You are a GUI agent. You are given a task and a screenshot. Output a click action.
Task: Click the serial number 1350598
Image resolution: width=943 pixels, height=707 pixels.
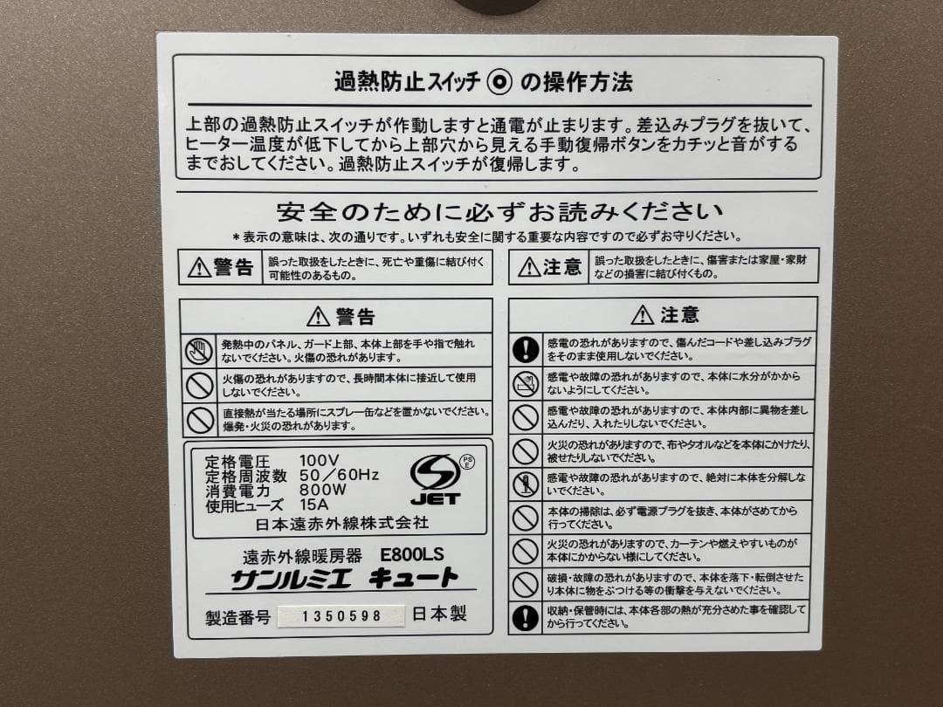tap(341, 616)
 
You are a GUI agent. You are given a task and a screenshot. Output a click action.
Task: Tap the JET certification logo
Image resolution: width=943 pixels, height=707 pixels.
tap(435, 479)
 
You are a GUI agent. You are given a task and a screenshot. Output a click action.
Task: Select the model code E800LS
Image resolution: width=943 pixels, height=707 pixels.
tap(412, 554)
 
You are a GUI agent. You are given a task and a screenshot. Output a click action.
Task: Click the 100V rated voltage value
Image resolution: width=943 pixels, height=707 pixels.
tap(319, 460)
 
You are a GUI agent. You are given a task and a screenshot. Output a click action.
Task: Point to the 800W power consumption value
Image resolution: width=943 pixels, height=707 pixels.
tap(322, 490)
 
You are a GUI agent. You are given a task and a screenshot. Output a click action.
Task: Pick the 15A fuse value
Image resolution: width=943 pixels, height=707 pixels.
tap(315, 505)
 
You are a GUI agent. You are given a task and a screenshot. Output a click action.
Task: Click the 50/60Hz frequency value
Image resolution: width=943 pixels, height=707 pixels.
tap(339, 475)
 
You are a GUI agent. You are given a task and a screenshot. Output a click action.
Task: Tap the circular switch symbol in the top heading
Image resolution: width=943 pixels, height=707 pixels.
tap(499, 83)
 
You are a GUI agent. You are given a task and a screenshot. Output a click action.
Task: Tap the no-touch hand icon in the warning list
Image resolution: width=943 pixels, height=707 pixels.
tap(200, 351)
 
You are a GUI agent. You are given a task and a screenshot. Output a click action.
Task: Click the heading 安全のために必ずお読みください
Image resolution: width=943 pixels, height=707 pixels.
tap(499, 212)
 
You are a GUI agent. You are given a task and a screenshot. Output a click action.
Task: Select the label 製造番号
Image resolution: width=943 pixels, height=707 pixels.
tap(233, 617)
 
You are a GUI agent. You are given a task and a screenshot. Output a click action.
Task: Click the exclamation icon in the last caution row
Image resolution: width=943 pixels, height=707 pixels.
tap(525, 617)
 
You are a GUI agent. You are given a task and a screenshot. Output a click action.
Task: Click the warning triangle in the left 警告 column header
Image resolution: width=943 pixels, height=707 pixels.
tap(319, 315)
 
